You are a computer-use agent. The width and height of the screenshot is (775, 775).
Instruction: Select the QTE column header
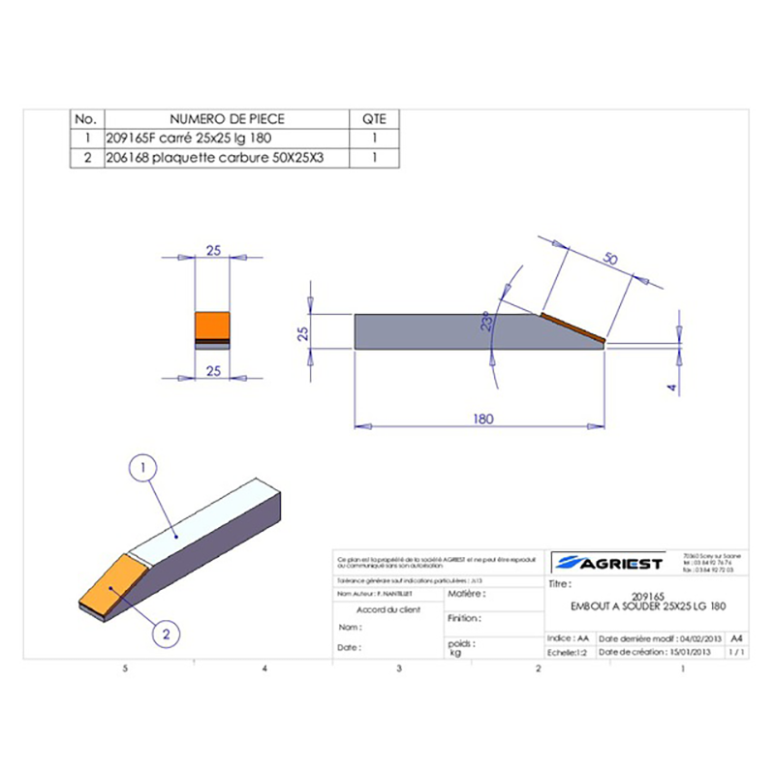[x=373, y=118]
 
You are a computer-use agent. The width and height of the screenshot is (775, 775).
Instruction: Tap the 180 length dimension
[x=484, y=418]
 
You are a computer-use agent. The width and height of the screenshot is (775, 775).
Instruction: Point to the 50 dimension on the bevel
[x=609, y=259]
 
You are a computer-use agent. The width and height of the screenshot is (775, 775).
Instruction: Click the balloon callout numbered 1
[x=143, y=469]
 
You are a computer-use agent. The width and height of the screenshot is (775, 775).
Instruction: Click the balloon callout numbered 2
[x=167, y=635]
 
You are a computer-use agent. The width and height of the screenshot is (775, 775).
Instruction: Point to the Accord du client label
[x=388, y=610]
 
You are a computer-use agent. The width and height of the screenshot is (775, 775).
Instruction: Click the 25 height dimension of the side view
[x=302, y=332]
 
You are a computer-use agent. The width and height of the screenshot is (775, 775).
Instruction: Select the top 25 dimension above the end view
[x=213, y=250]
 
